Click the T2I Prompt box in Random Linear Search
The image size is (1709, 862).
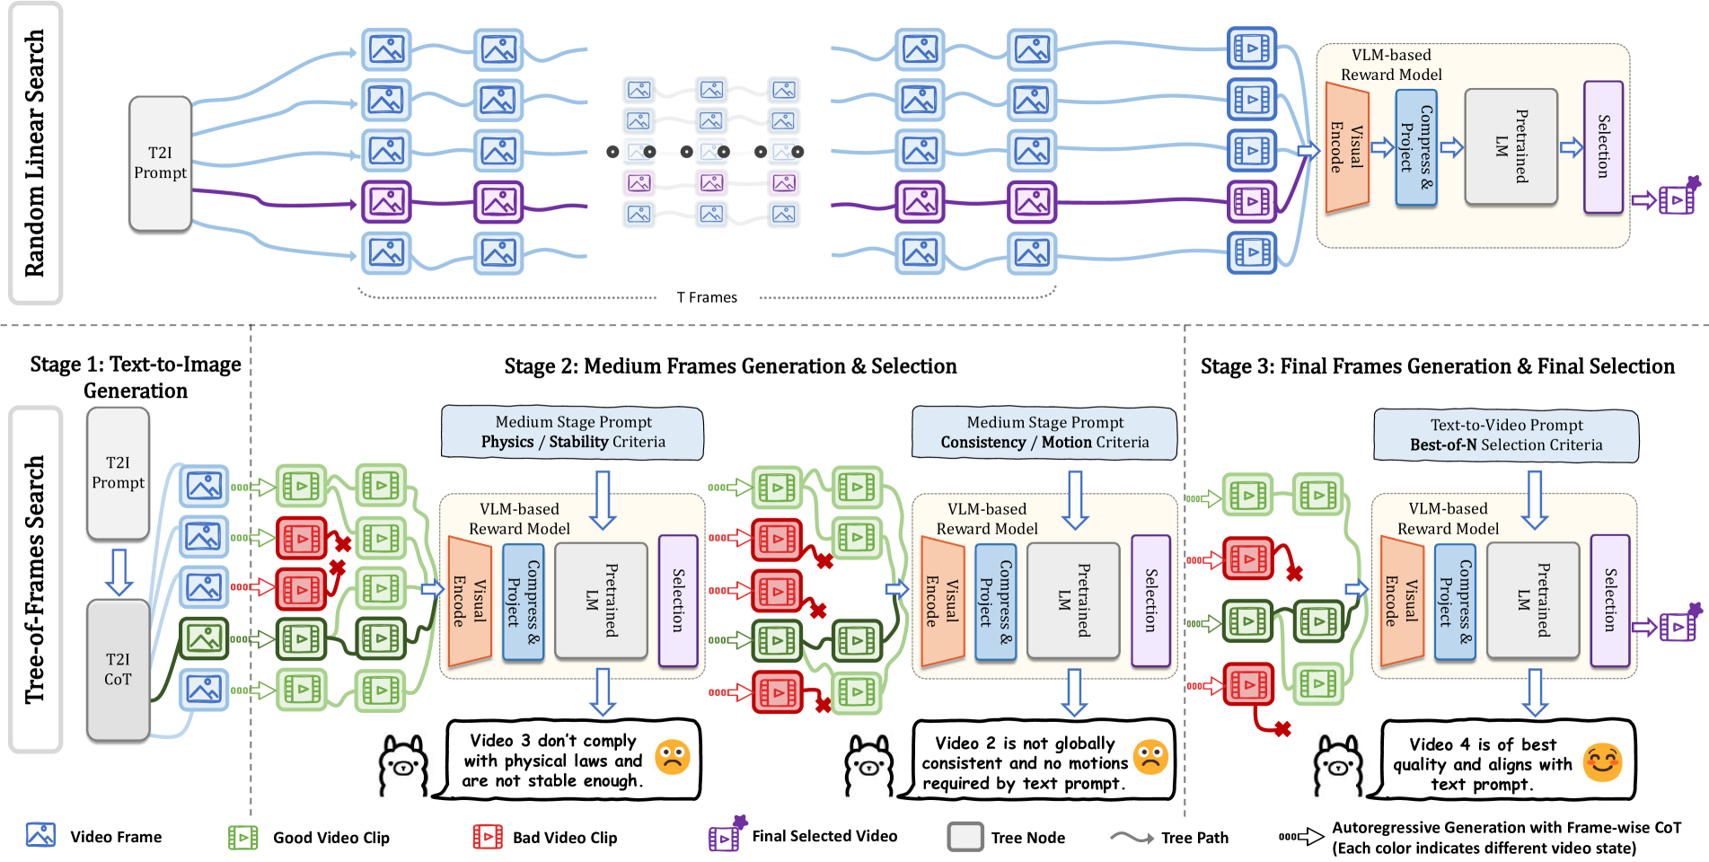tap(161, 163)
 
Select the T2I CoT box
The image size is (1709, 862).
tap(118, 670)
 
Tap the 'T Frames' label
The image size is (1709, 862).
tap(707, 297)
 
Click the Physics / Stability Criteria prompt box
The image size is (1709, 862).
tap(573, 432)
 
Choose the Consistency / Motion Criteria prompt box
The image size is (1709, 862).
tap(1044, 433)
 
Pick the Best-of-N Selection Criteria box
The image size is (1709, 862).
tap(1506, 435)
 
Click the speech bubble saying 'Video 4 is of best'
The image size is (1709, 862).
tap(1508, 759)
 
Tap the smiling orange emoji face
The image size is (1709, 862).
tap(1602, 762)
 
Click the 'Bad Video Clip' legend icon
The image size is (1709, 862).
tap(488, 837)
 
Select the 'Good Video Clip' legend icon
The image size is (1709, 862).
tap(243, 837)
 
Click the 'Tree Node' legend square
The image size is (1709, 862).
tap(965, 837)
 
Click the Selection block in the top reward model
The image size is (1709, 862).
tap(1603, 147)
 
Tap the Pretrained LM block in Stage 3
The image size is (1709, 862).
tap(1533, 600)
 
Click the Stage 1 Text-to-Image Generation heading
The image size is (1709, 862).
tap(136, 377)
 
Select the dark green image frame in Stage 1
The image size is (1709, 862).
tap(204, 638)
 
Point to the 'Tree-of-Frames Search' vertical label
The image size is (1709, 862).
tap(35, 579)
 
